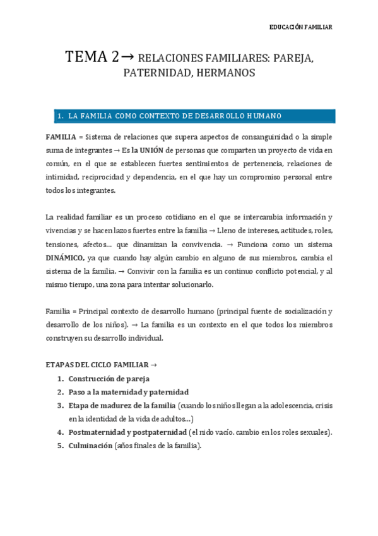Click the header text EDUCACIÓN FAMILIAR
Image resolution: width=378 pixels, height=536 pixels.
point(300,27)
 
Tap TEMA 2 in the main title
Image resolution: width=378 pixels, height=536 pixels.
point(91,57)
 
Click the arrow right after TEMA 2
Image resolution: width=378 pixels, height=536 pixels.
point(126,57)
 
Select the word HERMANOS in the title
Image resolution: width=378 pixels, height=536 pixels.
point(225,73)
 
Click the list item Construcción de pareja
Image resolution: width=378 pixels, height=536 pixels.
point(109,379)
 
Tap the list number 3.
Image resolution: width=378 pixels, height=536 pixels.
point(59,405)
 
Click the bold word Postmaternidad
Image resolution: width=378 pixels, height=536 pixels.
point(99,432)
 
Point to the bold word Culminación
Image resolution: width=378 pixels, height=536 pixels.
point(90,446)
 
